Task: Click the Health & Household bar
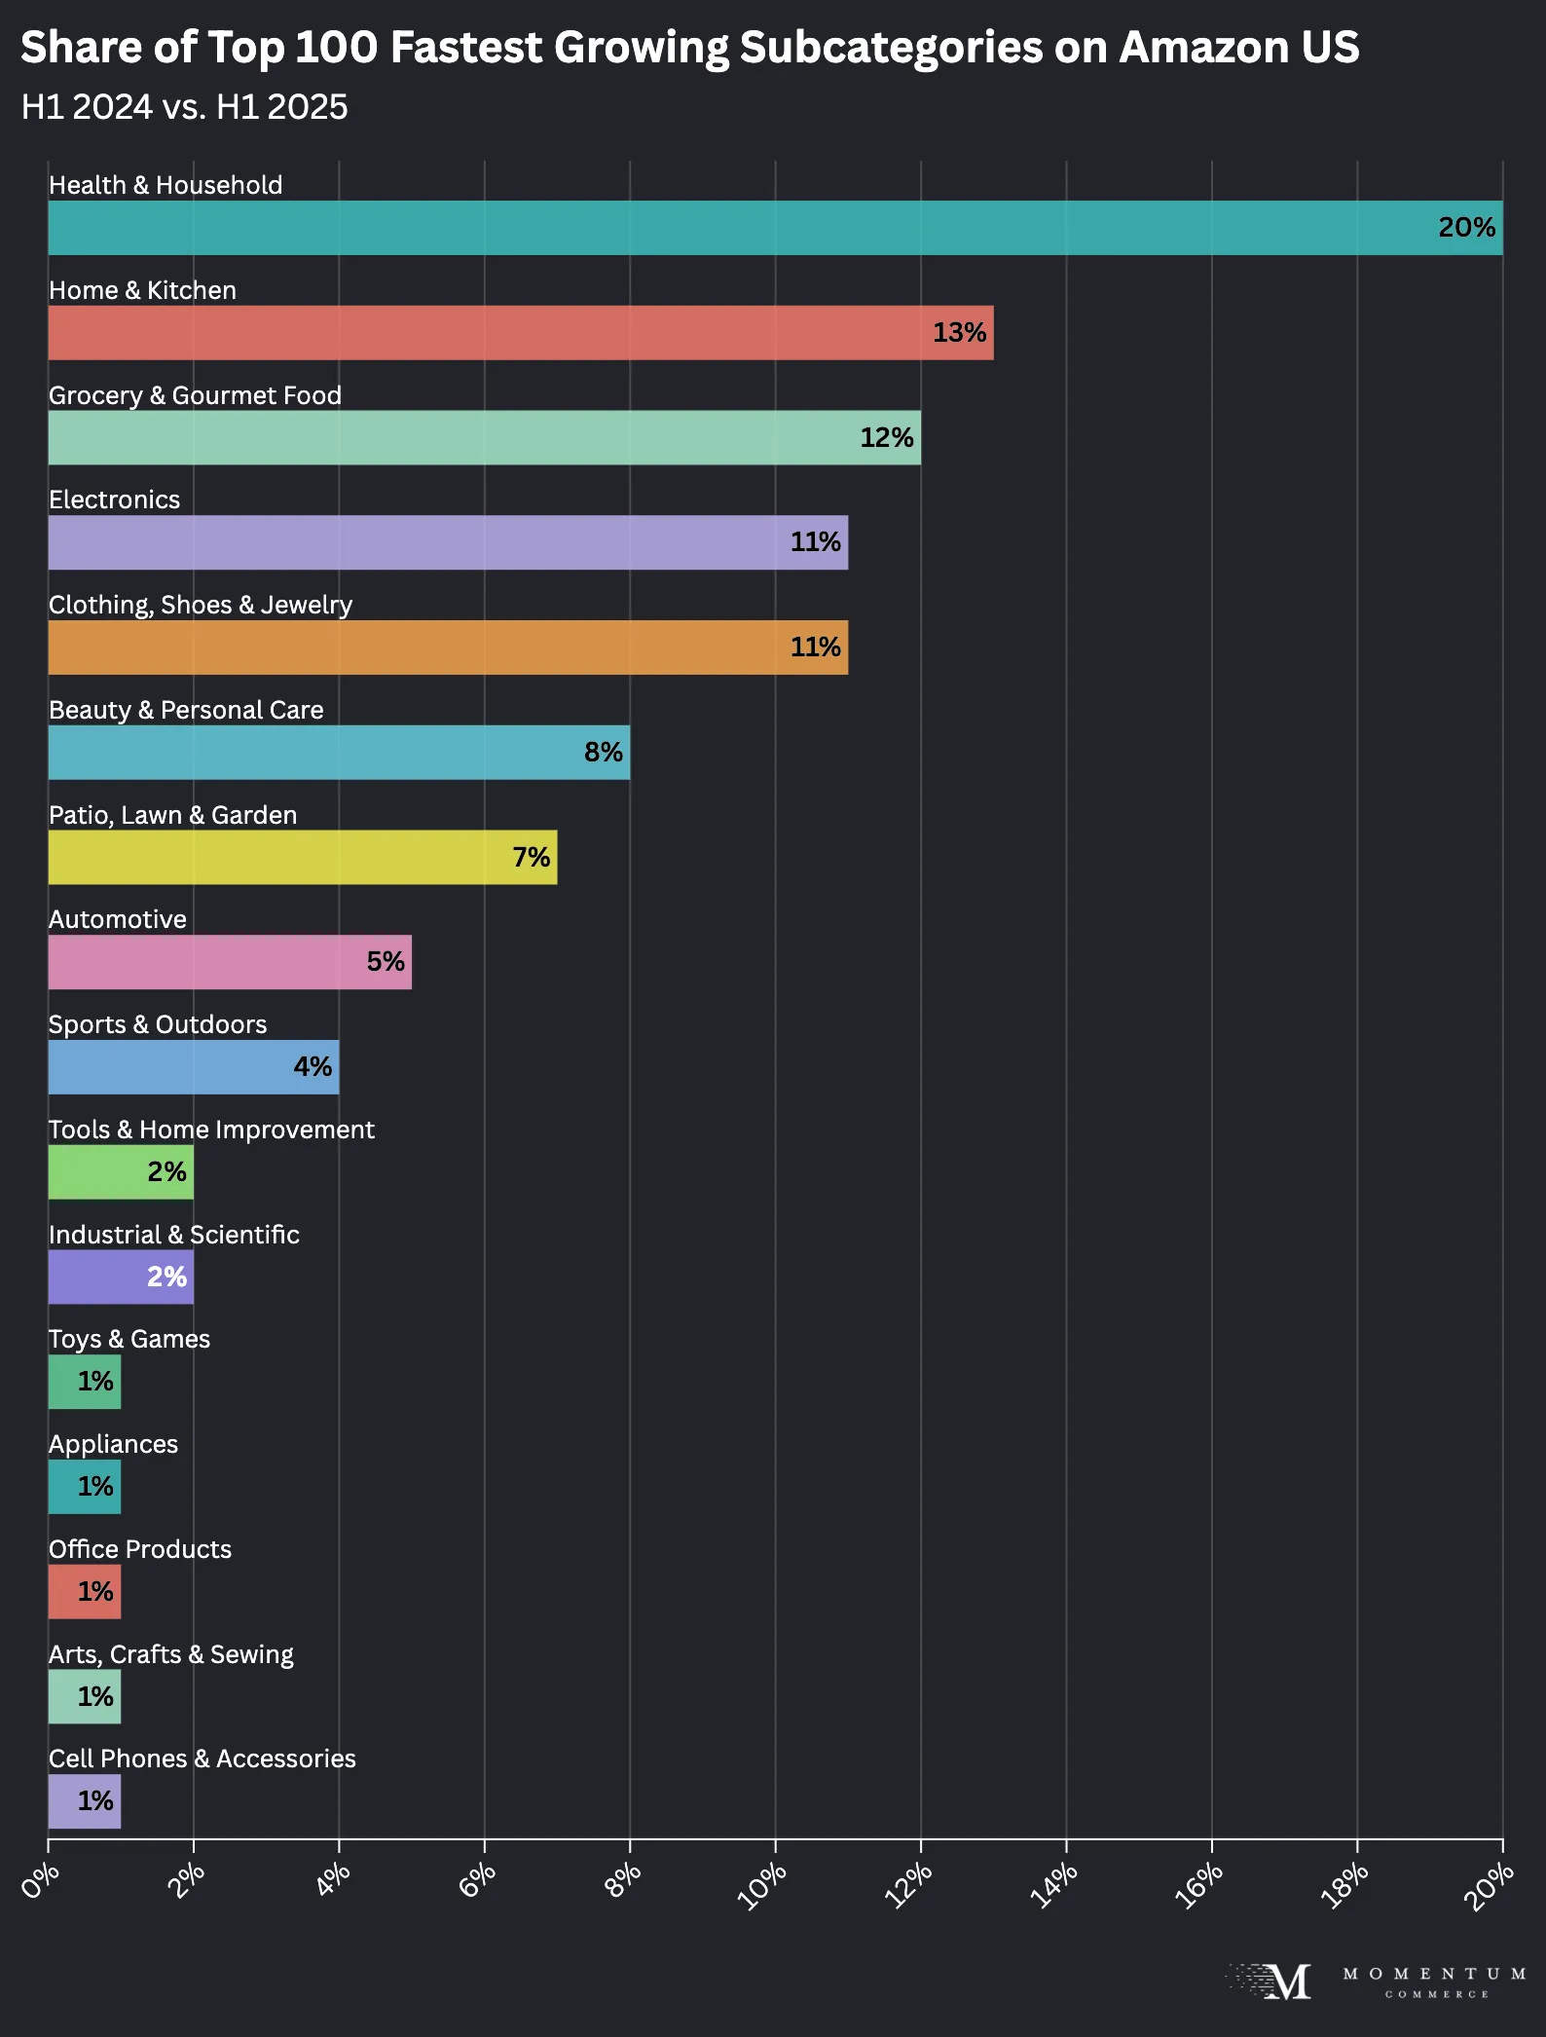pyautogui.click(x=775, y=228)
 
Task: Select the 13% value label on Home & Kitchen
pyautogui.click(x=959, y=333)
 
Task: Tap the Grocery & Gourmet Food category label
pyautogui.click(x=195, y=395)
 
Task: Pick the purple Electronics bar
pyautogui.click(x=448, y=542)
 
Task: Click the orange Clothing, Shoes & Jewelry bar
pyautogui.click(x=448, y=648)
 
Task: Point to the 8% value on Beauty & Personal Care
pyautogui.click(x=603, y=752)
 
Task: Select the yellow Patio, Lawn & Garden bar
pyautogui.click(x=302, y=857)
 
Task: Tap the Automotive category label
pyautogui.click(x=118, y=919)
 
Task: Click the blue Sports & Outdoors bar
pyautogui.click(x=193, y=1067)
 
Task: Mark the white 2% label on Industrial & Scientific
pyautogui.click(x=166, y=1277)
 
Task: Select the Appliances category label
pyautogui.click(x=113, y=1444)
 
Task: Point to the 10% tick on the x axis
pyautogui.click(x=762, y=1885)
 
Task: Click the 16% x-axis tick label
pyautogui.click(x=1198, y=1885)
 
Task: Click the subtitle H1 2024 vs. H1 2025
pyautogui.click(x=184, y=107)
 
